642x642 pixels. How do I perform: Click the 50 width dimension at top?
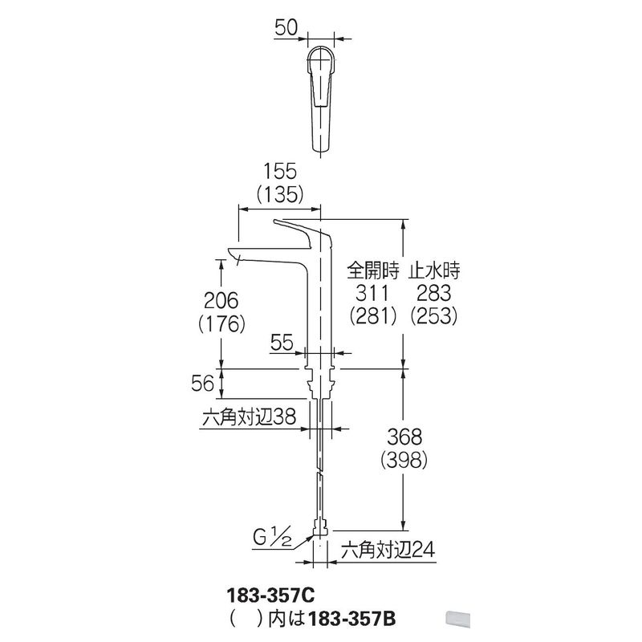tap(286, 28)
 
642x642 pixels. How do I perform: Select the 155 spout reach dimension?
tap(280, 172)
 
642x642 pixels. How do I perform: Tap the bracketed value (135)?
tap(280, 194)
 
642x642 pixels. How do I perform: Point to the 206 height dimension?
tap(221, 301)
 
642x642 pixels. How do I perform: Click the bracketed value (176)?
tap(221, 324)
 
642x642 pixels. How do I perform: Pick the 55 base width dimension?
tap(282, 343)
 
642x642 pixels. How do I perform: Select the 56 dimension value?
tap(203, 384)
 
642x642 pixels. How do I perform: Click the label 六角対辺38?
tap(249, 417)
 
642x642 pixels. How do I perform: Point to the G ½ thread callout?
tap(272, 538)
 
